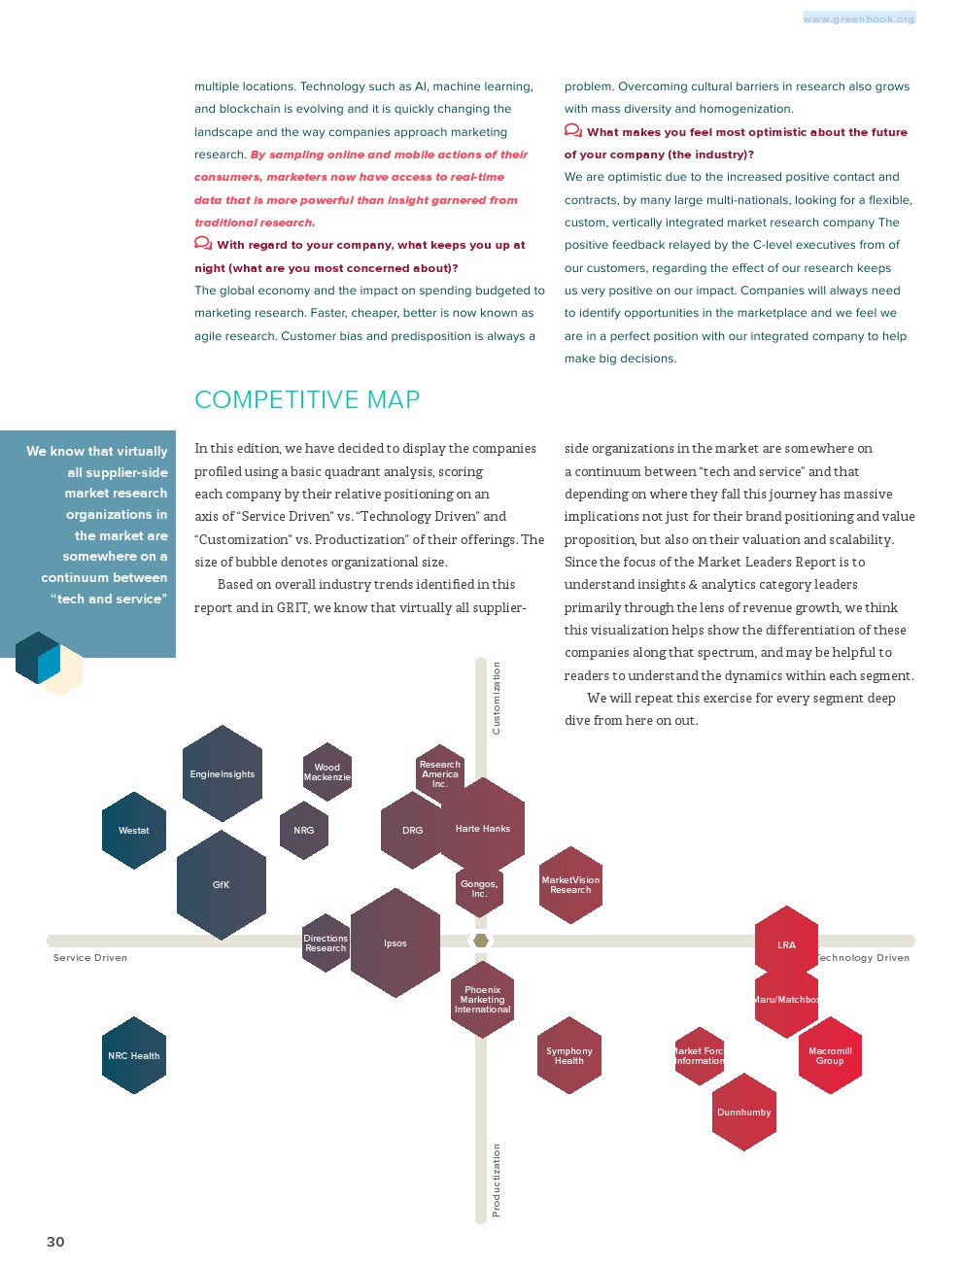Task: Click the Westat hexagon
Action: click(x=134, y=831)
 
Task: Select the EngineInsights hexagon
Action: click(x=223, y=774)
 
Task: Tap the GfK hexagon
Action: click(x=222, y=885)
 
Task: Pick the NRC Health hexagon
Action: click(x=134, y=1056)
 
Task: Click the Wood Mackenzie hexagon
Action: click(x=326, y=772)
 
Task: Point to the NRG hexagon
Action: click(x=304, y=831)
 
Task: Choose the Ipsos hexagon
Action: click(x=395, y=943)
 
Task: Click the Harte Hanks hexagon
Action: click(x=483, y=829)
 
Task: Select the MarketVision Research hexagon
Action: click(x=570, y=885)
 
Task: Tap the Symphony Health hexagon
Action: click(x=569, y=1056)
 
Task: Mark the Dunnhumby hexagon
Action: click(x=744, y=1113)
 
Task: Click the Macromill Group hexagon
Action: click(x=830, y=1056)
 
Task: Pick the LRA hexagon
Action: click(x=787, y=944)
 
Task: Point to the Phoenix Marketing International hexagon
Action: click(x=483, y=1000)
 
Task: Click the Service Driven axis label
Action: click(x=90, y=958)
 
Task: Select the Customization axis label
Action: click(x=497, y=698)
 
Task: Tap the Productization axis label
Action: click(x=497, y=1180)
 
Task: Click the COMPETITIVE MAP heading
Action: click(x=307, y=400)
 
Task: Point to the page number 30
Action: click(x=55, y=1242)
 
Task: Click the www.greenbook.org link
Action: click(x=859, y=18)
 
